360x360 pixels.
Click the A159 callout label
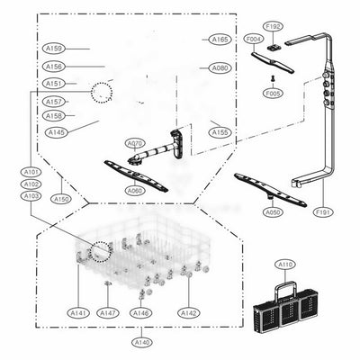pos(53,49)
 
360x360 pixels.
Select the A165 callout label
pos(220,40)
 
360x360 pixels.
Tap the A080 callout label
pos(219,68)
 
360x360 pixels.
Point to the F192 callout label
pos(273,27)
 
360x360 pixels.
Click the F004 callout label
pos(253,40)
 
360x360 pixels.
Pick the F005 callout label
pos(274,93)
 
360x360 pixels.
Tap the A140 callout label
pos(142,342)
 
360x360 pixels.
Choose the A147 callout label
pos(108,312)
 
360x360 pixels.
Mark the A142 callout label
pos(188,312)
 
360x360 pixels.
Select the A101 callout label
pos(31,171)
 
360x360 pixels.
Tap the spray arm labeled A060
pos(136,174)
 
